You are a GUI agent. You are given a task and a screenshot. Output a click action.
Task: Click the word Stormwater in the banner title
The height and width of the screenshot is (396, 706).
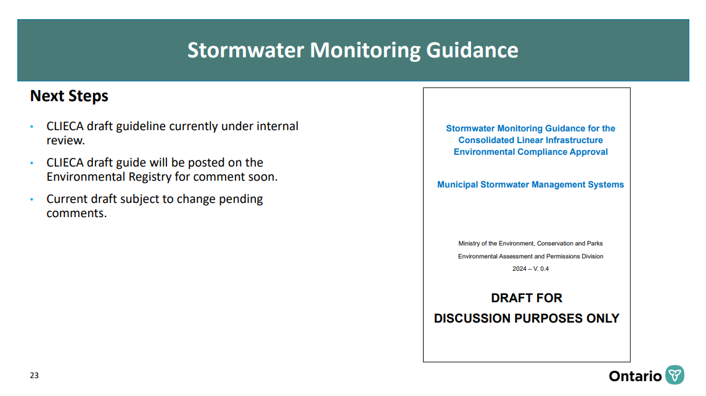click(x=246, y=50)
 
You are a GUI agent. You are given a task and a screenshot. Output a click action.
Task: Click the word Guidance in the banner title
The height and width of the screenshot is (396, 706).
click(x=472, y=50)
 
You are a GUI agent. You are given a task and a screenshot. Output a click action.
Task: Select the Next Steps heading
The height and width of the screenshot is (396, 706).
click(x=69, y=96)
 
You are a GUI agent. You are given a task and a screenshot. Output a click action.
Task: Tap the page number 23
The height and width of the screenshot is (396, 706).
click(x=34, y=375)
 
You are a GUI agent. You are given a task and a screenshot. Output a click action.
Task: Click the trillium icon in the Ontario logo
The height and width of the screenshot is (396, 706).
click(x=675, y=375)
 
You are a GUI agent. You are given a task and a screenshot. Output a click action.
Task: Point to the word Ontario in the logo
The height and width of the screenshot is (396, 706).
click(x=635, y=376)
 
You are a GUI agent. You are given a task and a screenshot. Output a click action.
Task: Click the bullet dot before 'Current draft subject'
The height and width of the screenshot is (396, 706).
click(x=32, y=199)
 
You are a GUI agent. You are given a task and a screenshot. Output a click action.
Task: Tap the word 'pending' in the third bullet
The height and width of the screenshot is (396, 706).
click(x=241, y=199)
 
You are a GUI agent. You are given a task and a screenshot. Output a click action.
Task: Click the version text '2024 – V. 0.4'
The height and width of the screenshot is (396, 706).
click(x=530, y=269)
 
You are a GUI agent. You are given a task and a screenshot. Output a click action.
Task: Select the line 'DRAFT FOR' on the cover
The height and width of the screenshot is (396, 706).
click(x=527, y=299)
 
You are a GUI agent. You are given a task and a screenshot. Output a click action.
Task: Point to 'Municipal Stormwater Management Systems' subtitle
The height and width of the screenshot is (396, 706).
click(x=530, y=184)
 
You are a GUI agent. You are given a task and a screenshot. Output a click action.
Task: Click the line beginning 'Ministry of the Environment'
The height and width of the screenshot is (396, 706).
click(x=530, y=244)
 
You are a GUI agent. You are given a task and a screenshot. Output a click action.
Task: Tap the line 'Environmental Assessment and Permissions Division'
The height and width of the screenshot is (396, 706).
click(x=530, y=257)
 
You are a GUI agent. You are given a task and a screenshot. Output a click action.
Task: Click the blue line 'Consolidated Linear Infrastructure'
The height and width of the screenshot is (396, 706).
click(x=530, y=140)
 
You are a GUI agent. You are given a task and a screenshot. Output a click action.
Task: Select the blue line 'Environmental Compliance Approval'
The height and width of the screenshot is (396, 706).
click(x=530, y=152)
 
